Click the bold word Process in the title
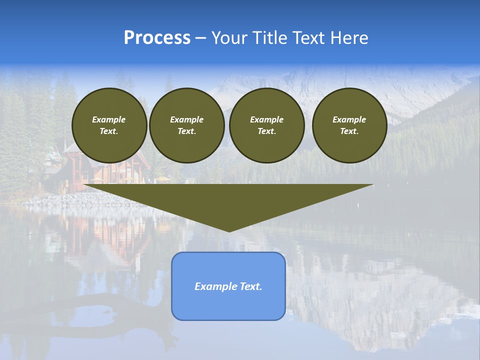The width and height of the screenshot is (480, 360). click(157, 38)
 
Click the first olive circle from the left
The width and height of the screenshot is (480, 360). click(109, 125)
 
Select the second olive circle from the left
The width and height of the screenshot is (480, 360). click(187, 125)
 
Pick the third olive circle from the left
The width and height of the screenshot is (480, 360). click(267, 125)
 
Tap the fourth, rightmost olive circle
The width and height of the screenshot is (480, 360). click(349, 125)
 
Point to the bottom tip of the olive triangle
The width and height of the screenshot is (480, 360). click(229, 230)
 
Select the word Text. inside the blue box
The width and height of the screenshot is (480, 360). click(249, 286)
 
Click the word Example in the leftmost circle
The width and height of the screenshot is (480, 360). click(109, 119)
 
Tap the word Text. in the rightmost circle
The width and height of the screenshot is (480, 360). click(349, 131)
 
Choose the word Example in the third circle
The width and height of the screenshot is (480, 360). click(267, 119)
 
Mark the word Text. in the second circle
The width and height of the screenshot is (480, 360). click(187, 131)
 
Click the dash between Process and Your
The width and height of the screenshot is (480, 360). click(201, 38)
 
